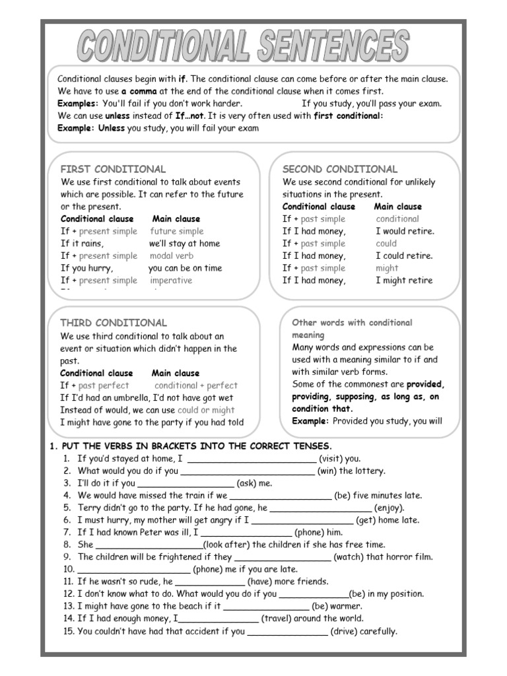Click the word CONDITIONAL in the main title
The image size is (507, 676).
pyautogui.click(x=165, y=48)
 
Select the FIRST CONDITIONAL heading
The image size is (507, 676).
pyautogui.click(x=113, y=169)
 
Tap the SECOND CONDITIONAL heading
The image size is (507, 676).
pyautogui.click(x=340, y=169)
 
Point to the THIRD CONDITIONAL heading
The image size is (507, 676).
pyautogui.click(x=114, y=323)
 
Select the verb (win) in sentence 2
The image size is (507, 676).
pyautogui.click(x=329, y=471)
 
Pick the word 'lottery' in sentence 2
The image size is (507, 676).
pyautogui.click(x=370, y=471)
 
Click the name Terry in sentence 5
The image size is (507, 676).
pyautogui.click(x=89, y=508)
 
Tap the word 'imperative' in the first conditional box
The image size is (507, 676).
pyautogui.click(x=171, y=280)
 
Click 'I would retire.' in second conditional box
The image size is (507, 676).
pyautogui.click(x=405, y=231)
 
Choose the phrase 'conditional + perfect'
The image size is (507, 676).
pyautogui.click(x=195, y=385)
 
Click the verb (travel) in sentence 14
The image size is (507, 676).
pyautogui.click(x=279, y=619)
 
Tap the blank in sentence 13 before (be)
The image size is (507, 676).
pyautogui.click(x=267, y=607)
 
